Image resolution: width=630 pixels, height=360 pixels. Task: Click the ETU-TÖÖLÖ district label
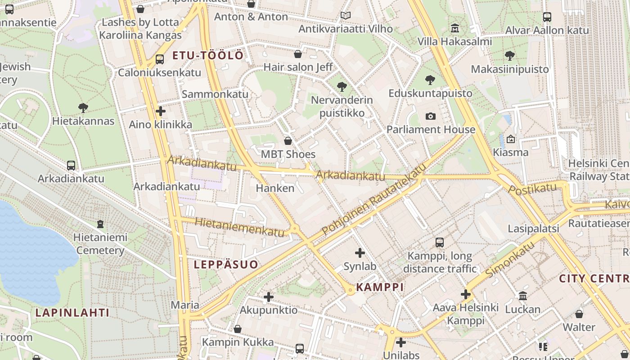208,56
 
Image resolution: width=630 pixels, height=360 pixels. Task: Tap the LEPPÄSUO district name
226,265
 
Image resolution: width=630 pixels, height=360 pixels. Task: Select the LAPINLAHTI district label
72,312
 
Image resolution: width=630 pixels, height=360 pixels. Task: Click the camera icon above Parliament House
431,117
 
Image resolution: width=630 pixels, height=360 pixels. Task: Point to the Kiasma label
510,152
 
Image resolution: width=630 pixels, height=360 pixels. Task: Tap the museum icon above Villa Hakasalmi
455,28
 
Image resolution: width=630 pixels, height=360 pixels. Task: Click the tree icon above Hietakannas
83,108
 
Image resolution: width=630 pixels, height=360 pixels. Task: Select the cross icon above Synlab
360,253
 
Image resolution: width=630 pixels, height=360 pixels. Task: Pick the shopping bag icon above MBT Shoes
288,141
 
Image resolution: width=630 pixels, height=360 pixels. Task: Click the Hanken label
275,188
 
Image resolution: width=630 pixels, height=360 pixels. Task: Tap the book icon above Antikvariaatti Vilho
345,16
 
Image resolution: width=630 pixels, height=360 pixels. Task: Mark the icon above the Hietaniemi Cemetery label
100,224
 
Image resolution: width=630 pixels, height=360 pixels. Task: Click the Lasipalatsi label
533,229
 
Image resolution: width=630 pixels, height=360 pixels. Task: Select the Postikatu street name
532,189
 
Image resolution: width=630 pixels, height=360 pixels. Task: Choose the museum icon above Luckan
522,296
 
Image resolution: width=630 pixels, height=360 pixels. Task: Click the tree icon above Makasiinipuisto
509,56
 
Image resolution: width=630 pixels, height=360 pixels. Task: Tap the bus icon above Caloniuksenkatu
159,59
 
